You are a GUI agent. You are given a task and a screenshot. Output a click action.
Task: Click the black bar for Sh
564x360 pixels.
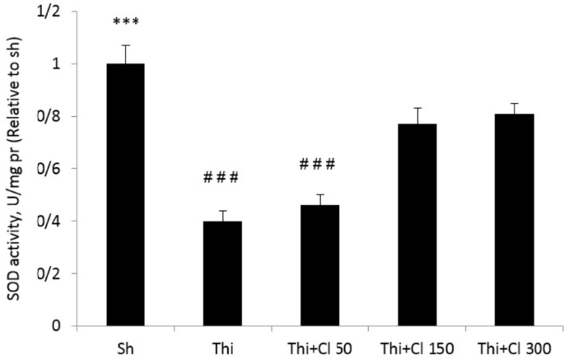point(125,194)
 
